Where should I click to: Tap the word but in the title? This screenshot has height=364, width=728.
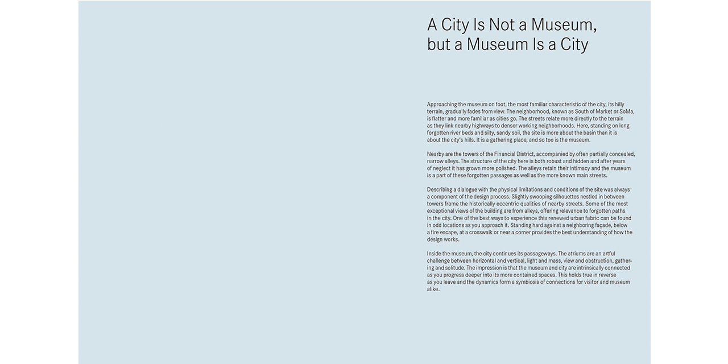pos(439,44)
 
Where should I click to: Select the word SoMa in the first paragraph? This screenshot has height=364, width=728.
pos(626,111)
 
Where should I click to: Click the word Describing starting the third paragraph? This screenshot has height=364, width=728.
pos(441,190)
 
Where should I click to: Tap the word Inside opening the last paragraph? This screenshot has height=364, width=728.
pos(435,254)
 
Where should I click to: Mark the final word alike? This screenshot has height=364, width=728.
pos(433,289)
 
